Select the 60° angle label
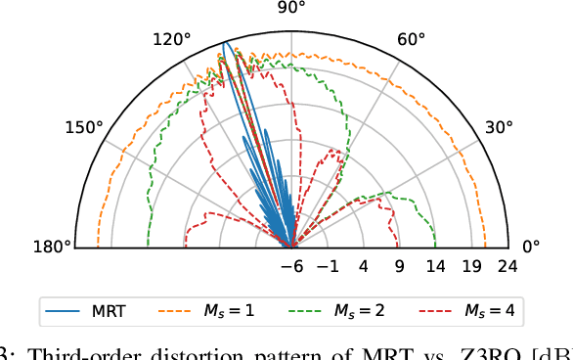click(x=411, y=39)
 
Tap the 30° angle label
click(x=499, y=127)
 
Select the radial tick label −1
click(x=328, y=266)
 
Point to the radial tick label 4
click(x=364, y=266)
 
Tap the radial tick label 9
click(x=400, y=266)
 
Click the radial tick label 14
click(x=436, y=266)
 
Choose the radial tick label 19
click(x=472, y=266)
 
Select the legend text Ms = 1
click(x=231, y=311)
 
